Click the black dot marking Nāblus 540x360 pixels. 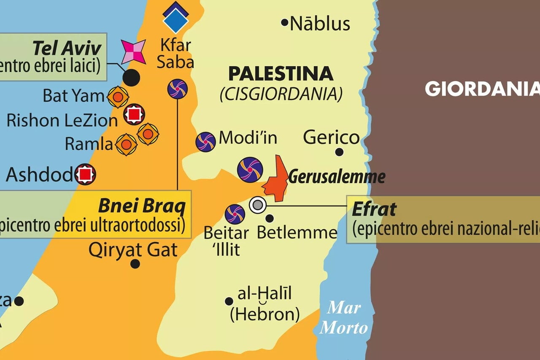(285, 22)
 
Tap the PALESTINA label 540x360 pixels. (281, 74)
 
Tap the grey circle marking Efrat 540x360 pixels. (257, 205)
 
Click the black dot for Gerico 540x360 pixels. (339, 152)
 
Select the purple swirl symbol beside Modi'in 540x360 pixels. (205, 142)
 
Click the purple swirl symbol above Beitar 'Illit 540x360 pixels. (235, 214)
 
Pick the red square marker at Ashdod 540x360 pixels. (86, 174)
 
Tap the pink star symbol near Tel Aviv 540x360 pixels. (133, 52)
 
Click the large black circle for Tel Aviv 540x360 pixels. (132, 78)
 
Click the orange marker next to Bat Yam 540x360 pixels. (118, 97)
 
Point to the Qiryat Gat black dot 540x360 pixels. (135, 264)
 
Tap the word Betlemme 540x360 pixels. (297, 233)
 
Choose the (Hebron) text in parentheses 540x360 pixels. (265, 314)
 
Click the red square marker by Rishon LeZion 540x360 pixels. (134, 114)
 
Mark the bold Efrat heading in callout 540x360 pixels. (374, 209)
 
